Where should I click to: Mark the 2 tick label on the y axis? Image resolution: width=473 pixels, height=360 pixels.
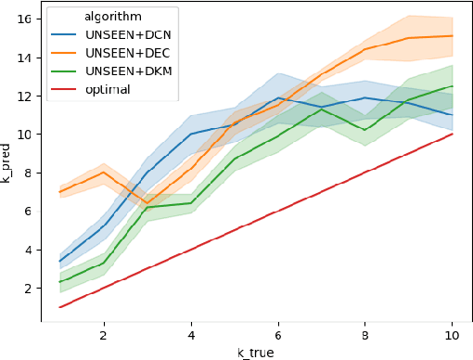point(29,289)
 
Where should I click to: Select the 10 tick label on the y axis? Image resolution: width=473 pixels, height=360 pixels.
point(25,135)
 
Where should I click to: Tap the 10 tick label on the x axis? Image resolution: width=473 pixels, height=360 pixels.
point(452,333)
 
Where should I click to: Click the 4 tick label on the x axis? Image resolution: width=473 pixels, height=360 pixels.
point(191,333)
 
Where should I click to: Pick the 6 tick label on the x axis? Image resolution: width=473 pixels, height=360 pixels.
point(277,333)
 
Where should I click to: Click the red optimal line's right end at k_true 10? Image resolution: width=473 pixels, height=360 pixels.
point(452,134)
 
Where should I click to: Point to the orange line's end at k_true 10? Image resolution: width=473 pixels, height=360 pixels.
point(452,35)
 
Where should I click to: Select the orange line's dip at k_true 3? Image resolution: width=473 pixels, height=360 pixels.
point(147,203)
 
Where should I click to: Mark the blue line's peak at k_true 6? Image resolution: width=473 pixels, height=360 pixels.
point(277,97)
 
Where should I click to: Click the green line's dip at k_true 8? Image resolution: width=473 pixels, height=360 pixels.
point(364,130)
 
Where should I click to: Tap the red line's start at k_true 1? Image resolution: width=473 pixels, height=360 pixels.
point(60,307)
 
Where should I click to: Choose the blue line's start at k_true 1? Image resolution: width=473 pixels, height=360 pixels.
point(60,261)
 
